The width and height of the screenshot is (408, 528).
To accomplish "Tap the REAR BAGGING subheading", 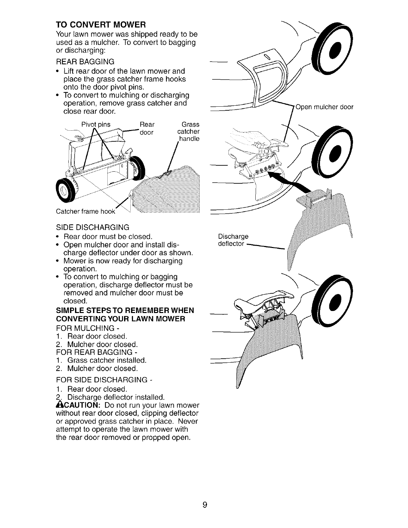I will tap(85, 62).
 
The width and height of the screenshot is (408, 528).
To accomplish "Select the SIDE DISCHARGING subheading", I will tap(92, 227).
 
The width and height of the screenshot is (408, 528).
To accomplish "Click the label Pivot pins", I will tap(96, 125).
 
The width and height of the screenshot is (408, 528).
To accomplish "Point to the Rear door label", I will tap(147, 128).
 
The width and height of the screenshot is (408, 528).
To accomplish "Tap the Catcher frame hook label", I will tap(85, 212).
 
